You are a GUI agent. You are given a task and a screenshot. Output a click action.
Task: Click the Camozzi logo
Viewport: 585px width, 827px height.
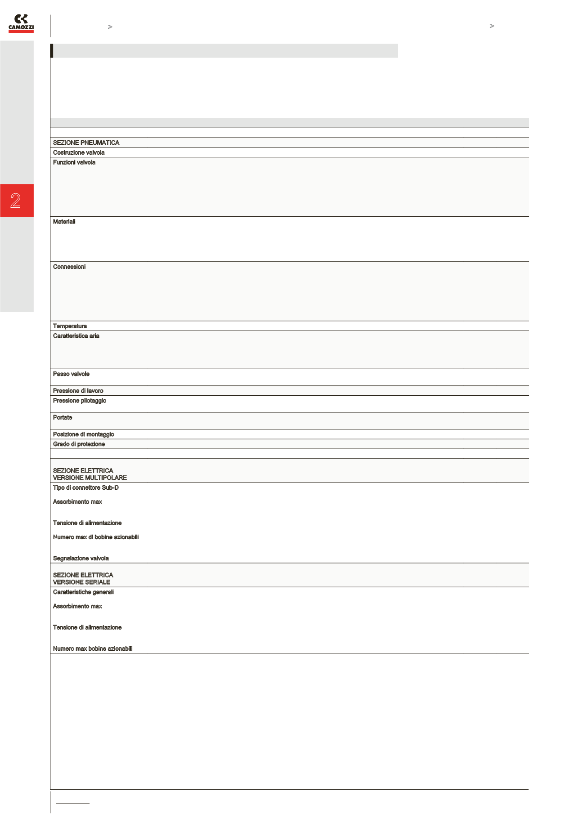click(21, 23)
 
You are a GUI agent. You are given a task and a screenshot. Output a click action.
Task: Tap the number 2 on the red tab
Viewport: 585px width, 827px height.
click(16, 201)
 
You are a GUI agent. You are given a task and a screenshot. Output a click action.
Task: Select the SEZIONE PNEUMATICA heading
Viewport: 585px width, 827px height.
click(86, 143)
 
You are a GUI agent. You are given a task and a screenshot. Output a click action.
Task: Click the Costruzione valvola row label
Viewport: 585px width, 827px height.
click(79, 152)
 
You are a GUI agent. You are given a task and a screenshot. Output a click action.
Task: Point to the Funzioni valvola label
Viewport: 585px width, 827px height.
click(74, 162)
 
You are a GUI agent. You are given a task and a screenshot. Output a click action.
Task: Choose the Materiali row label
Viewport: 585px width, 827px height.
click(64, 222)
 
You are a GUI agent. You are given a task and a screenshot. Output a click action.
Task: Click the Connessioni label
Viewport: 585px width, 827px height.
click(69, 267)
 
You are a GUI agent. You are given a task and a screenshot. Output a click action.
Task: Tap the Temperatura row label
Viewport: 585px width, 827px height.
click(70, 326)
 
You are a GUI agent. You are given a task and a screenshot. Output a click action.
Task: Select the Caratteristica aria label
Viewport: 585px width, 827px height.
click(76, 336)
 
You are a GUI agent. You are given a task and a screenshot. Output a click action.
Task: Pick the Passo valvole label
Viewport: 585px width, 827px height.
click(71, 374)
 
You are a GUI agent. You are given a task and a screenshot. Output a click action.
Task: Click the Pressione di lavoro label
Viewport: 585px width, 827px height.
click(78, 391)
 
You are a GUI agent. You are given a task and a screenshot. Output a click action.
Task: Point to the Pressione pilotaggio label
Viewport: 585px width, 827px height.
click(80, 401)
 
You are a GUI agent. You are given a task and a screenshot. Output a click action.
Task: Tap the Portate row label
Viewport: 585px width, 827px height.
click(63, 417)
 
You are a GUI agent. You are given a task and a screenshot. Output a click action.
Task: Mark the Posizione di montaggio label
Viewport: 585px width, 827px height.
click(84, 434)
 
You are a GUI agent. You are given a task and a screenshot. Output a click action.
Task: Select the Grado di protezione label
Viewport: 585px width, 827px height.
click(79, 444)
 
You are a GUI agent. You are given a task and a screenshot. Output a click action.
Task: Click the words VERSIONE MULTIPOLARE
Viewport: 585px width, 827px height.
click(90, 478)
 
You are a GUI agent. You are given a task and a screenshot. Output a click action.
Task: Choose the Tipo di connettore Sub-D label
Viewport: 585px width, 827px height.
click(86, 487)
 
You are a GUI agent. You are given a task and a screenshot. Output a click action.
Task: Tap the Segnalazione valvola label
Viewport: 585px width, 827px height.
click(81, 558)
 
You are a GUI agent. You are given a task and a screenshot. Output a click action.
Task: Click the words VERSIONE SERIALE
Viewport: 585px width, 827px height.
click(81, 582)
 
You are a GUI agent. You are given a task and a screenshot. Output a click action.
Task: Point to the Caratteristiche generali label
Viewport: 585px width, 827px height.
click(83, 592)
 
